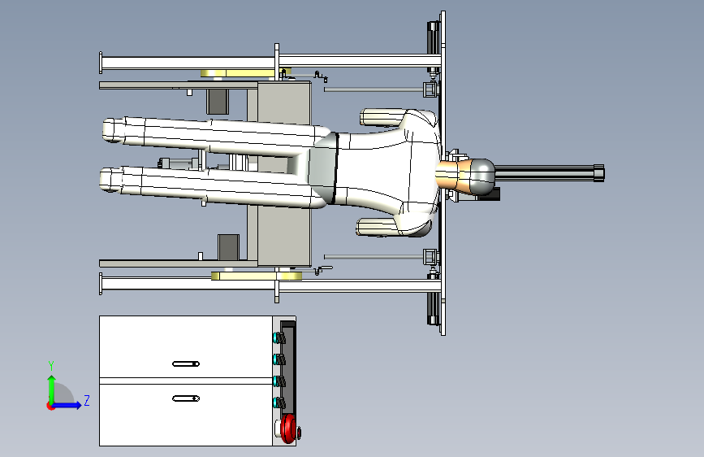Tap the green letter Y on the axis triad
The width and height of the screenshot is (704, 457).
tap(51, 366)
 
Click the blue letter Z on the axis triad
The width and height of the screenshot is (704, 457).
tap(87, 400)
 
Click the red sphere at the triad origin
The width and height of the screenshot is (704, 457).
tap(50, 406)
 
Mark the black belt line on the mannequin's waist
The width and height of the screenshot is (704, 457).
tap(335, 168)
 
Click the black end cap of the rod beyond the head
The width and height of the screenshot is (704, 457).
tap(599, 173)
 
